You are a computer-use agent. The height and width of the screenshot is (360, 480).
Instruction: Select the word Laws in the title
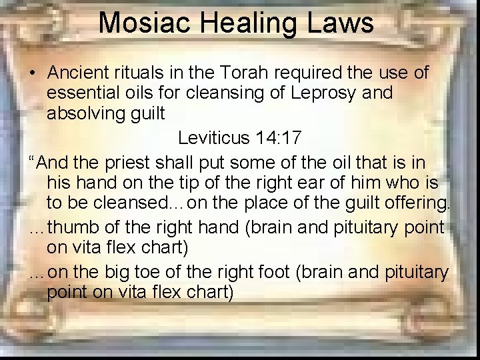[x=345, y=23]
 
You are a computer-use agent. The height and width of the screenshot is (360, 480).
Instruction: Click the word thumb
[x=75, y=227]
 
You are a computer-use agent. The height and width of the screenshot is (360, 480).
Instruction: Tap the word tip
[x=171, y=183]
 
